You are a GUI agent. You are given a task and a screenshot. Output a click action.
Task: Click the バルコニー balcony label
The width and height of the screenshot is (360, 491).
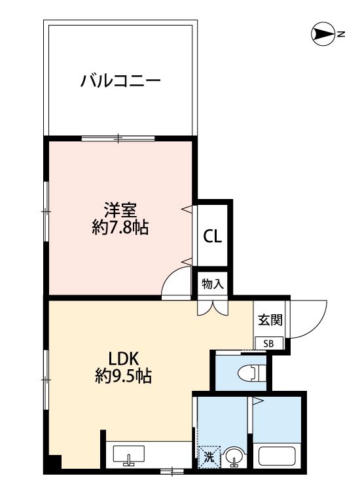120,81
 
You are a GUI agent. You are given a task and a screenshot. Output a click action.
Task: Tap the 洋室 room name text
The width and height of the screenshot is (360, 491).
120,210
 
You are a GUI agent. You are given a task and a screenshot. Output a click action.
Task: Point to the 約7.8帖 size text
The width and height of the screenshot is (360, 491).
120,227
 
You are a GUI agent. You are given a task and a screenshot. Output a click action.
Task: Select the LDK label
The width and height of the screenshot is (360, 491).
123,359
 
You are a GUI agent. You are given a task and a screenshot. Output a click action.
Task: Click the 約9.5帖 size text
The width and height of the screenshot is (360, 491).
123,376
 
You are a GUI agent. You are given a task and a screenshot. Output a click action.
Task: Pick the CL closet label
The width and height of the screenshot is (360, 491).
213,236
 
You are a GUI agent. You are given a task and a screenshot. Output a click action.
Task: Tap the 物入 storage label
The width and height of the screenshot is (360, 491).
213,284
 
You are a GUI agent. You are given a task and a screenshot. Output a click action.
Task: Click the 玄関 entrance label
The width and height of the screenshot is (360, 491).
270,319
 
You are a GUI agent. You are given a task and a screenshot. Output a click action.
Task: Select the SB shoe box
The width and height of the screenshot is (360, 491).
269,344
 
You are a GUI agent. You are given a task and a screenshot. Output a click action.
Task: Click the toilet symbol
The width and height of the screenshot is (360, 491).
252,373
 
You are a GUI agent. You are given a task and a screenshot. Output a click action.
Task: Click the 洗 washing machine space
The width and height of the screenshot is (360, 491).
209,457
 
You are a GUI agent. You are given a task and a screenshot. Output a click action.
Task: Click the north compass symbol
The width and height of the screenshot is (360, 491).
323,34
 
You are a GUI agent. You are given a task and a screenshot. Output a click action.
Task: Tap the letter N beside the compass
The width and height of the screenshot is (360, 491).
341,34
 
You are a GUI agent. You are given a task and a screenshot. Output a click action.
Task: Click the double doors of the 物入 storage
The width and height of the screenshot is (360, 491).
213,308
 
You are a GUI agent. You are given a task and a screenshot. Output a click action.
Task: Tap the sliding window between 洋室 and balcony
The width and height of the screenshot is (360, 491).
118,138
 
